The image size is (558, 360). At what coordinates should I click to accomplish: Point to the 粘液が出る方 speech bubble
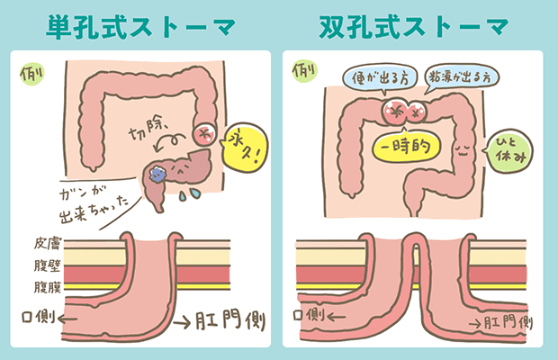(460, 78)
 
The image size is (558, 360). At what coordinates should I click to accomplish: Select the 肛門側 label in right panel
(500, 321)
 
